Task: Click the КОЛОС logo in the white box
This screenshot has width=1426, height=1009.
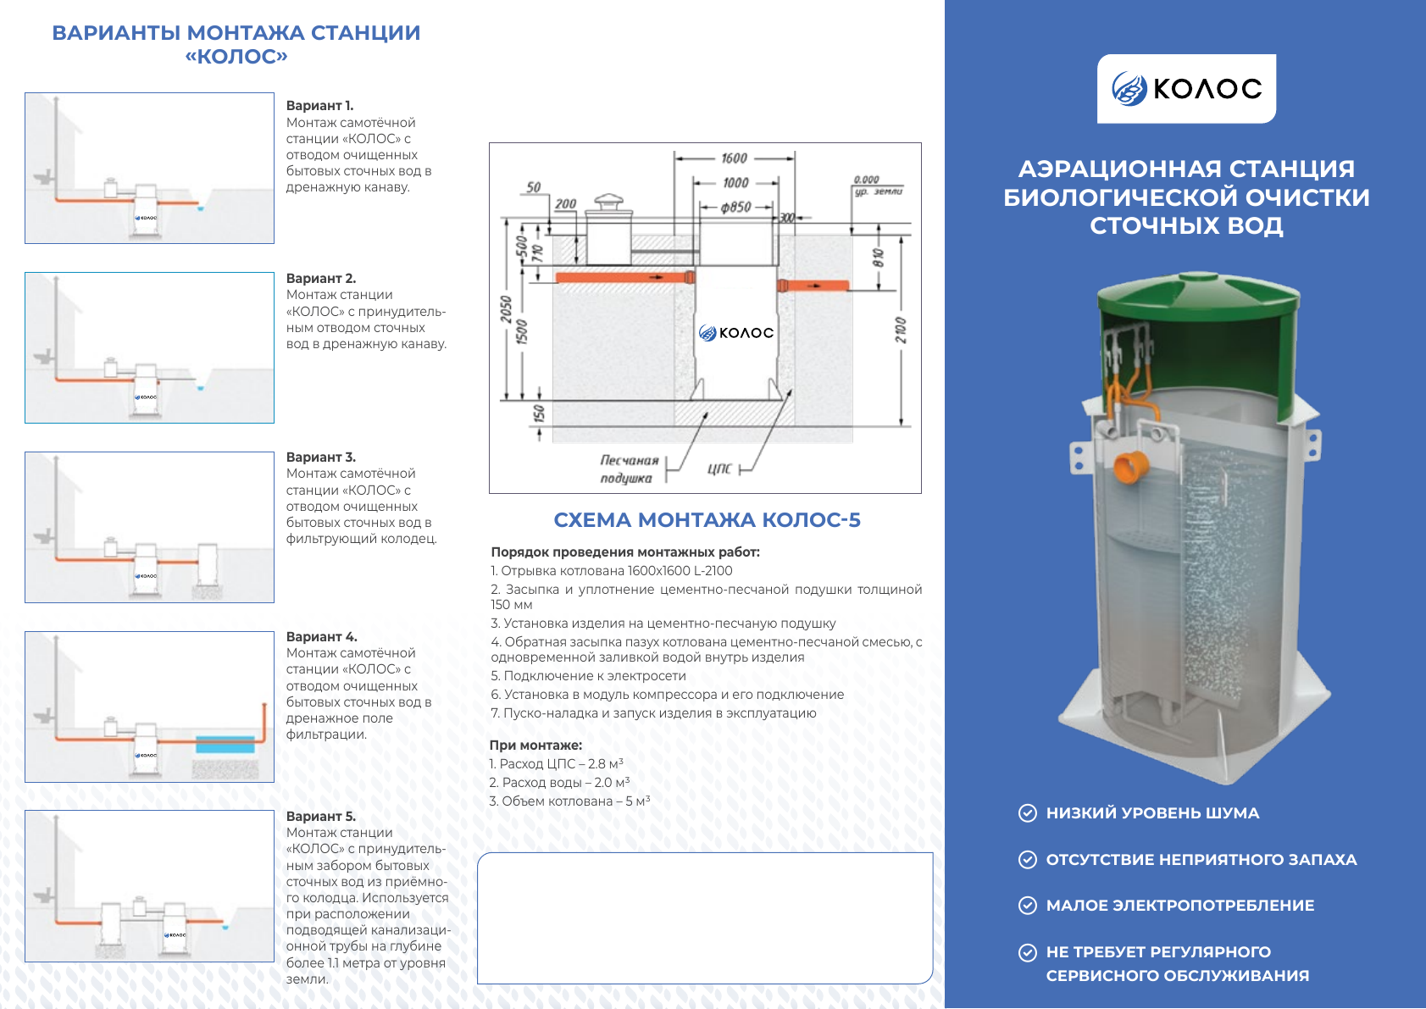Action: click(x=1186, y=88)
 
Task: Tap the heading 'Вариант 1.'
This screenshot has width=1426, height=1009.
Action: click(x=319, y=106)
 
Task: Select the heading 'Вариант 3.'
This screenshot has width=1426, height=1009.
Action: click(x=320, y=457)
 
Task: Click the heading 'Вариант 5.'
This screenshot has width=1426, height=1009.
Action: click(x=320, y=817)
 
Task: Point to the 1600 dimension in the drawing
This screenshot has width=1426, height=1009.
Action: click(x=734, y=158)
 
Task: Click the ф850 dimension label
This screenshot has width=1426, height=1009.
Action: click(x=735, y=207)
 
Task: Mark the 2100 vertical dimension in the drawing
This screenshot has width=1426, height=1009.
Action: click(x=900, y=330)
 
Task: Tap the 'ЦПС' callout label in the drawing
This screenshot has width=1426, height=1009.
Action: click(x=719, y=468)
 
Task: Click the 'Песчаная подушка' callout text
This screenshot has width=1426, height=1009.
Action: click(x=628, y=469)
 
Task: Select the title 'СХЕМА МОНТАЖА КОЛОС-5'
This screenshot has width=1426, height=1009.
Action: click(x=707, y=520)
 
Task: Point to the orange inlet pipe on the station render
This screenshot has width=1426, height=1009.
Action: click(x=1129, y=467)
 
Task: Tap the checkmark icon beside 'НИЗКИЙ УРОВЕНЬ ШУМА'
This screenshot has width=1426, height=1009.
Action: click(x=1027, y=813)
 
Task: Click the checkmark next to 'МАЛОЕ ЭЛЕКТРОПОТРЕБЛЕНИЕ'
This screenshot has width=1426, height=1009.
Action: click(x=1027, y=906)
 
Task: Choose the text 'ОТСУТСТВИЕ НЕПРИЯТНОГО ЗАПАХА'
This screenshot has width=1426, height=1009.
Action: click(x=1201, y=860)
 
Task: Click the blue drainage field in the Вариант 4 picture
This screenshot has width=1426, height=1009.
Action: click(x=225, y=745)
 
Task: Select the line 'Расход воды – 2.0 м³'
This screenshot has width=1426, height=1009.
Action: click(x=559, y=783)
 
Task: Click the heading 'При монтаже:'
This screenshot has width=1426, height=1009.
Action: click(x=535, y=746)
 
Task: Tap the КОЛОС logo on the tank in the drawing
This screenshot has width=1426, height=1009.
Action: click(x=736, y=333)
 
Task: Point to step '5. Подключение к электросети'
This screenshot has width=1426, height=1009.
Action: click(x=588, y=676)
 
